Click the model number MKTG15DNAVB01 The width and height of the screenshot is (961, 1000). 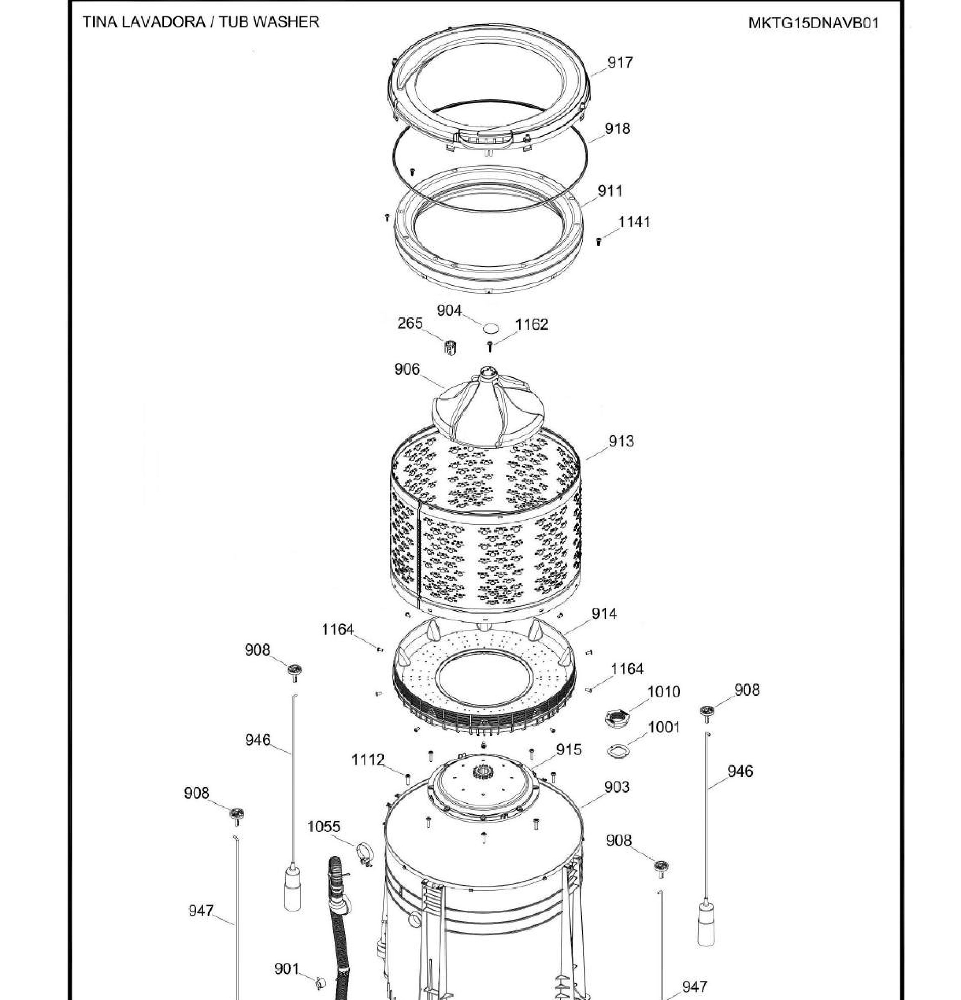[x=814, y=23]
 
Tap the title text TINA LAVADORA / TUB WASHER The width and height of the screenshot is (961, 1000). [x=201, y=22]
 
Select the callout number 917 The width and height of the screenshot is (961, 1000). [x=620, y=62]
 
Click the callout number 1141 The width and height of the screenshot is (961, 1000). [x=634, y=222]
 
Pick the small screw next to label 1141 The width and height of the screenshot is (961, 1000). [x=598, y=241]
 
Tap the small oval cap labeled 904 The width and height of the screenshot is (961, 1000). [x=490, y=327]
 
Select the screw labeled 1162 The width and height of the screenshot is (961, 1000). [x=490, y=346]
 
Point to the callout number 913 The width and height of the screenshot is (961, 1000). [x=621, y=441]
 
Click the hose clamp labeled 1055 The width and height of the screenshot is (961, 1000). [x=364, y=853]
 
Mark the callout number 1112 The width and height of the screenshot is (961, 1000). [x=368, y=760]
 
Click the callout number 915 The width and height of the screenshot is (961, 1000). [x=569, y=749]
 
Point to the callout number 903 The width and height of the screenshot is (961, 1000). [x=617, y=787]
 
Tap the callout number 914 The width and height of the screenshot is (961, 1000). [x=604, y=614]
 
